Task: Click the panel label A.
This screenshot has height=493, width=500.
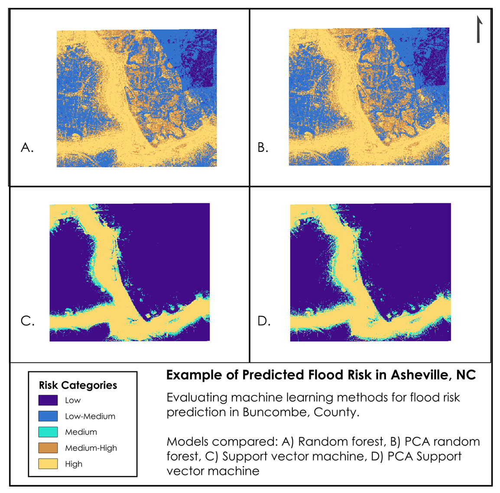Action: [x=27, y=148]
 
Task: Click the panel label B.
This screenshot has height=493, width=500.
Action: [x=263, y=148]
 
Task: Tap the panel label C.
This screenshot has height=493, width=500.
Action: [x=27, y=321]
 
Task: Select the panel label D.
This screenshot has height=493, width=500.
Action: [x=263, y=321]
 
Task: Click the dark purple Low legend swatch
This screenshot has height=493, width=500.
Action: [x=48, y=400]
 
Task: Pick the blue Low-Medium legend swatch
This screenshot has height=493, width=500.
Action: [x=48, y=416]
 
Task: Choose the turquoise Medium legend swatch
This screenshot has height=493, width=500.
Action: [x=48, y=432]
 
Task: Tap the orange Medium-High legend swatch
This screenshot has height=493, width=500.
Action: [x=48, y=448]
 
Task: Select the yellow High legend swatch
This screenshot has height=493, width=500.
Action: [x=48, y=464]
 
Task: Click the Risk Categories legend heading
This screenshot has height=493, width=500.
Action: [x=78, y=385]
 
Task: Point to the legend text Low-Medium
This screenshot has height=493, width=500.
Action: [x=90, y=416]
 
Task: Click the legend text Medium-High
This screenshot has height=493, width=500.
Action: [x=91, y=448]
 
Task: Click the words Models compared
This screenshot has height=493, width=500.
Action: [x=222, y=442]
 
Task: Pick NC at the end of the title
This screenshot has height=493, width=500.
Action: [x=466, y=375]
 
